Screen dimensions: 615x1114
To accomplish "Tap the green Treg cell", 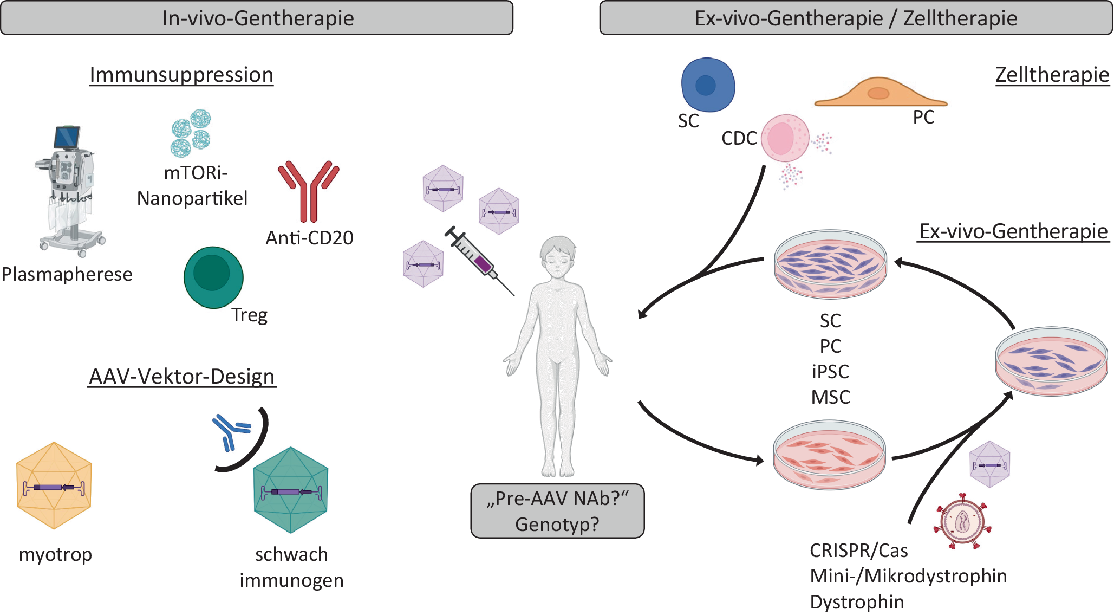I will click(213, 277).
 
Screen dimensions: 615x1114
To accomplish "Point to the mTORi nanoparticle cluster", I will click(191, 133).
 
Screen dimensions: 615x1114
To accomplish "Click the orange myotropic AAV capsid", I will click(54, 485).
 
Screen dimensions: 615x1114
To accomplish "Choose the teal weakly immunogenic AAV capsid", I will click(291, 490).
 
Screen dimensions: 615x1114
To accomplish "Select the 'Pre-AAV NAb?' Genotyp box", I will click(557, 511).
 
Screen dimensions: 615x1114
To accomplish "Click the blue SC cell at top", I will click(707, 85).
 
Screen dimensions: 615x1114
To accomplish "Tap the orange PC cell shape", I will click(880, 93).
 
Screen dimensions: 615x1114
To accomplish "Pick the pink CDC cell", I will click(785, 138).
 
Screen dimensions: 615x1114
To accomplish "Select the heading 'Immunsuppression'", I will click(181, 75).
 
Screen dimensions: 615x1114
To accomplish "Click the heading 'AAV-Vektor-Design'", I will click(182, 377).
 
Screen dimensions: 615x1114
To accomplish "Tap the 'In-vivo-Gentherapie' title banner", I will click(257, 18).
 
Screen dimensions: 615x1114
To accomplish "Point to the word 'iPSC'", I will click(830, 372).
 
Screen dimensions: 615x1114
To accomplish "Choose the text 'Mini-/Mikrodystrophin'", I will click(908, 576).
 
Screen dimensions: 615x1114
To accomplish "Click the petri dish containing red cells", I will click(829, 455).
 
